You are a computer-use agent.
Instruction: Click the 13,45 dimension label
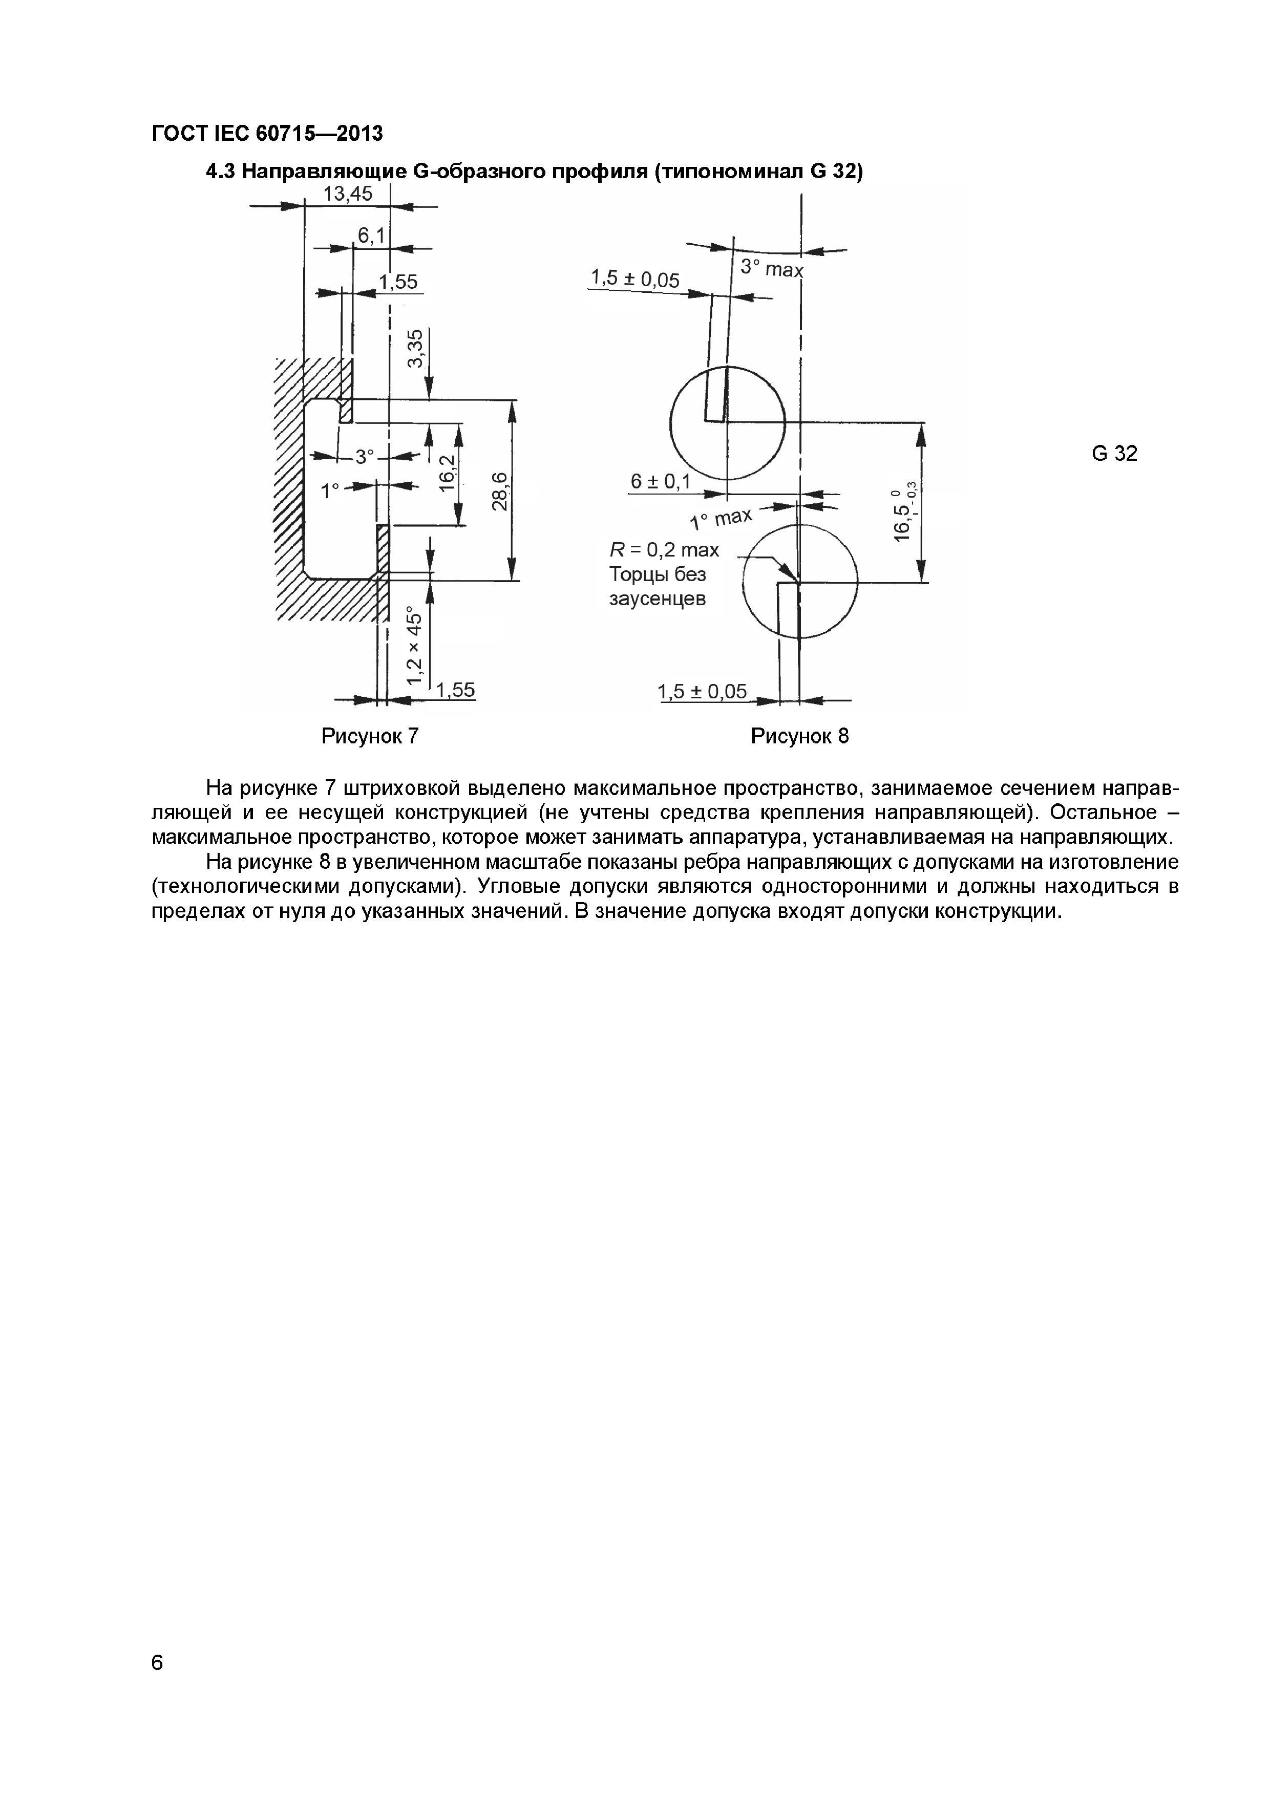pos(348,194)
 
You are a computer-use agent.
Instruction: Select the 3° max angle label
pos(772,268)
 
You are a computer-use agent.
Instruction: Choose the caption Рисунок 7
pos(370,736)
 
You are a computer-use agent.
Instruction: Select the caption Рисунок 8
pos(799,736)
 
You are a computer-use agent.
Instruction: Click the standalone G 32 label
pos(1114,453)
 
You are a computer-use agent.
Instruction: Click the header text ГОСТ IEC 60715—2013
pos(267,134)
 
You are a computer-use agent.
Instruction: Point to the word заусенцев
pos(658,599)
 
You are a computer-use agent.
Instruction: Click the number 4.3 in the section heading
pos(219,172)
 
